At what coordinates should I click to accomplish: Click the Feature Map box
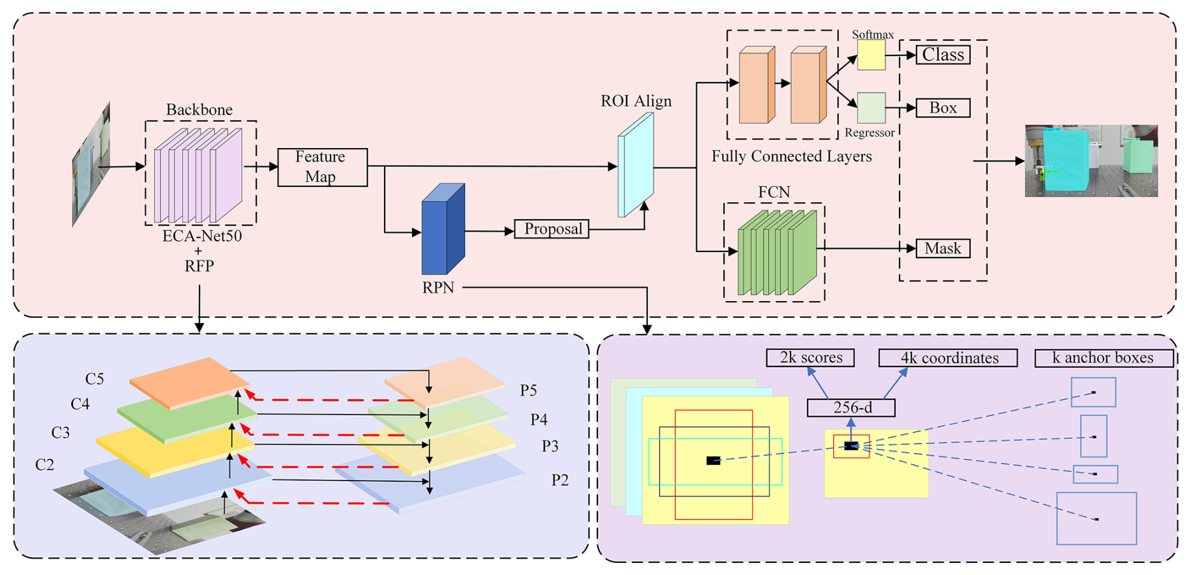322,167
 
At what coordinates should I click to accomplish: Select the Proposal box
552,229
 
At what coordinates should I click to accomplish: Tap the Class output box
942,55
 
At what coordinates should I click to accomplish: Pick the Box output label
942,108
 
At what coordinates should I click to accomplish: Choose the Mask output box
942,248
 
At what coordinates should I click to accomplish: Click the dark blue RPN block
443,230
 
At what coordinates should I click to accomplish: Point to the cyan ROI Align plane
635,166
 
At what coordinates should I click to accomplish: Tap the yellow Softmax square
871,55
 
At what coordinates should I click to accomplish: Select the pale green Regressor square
871,108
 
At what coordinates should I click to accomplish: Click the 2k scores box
810,358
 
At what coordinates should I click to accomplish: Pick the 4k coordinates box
948,358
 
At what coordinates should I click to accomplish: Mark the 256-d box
851,408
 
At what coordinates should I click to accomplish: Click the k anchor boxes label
1104,358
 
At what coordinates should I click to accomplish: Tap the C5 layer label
94,379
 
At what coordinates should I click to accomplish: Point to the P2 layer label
560,481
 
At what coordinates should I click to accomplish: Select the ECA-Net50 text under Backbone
201,237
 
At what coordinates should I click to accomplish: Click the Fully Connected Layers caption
791,156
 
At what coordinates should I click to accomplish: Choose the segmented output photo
1091,161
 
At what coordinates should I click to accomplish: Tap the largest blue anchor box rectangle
1096,518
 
